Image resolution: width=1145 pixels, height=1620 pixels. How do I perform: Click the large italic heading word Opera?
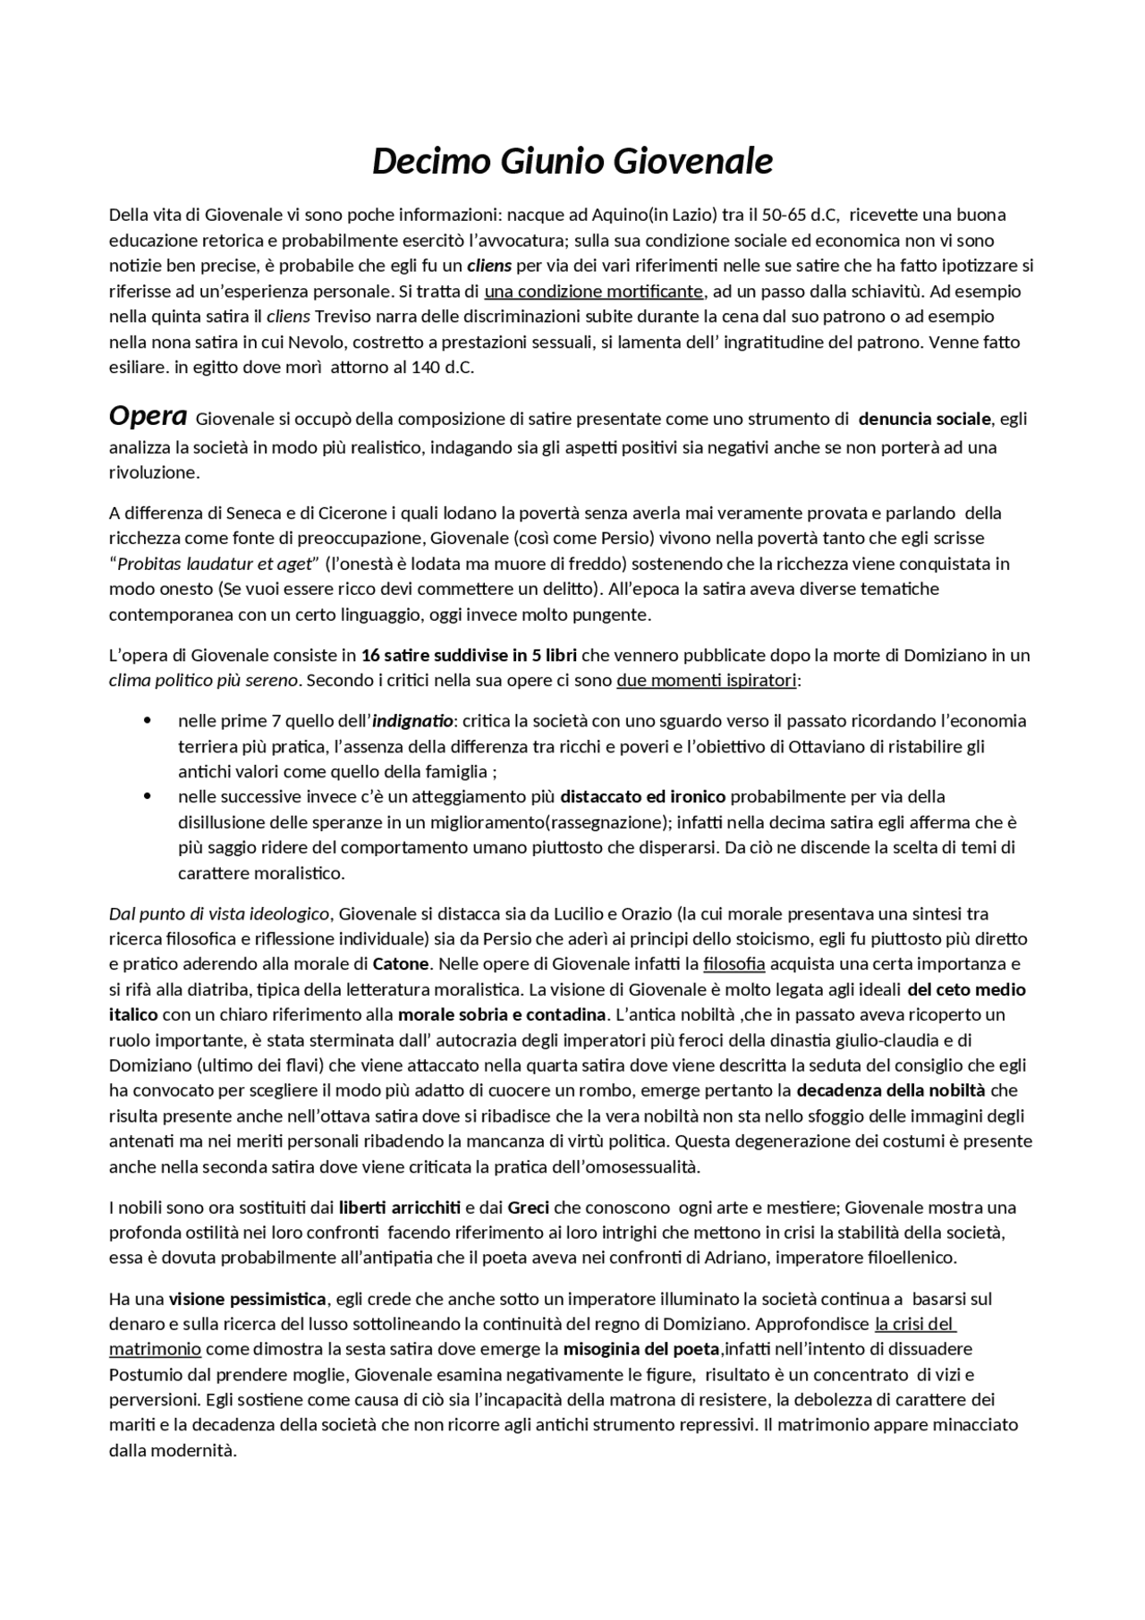[x=148, y=416]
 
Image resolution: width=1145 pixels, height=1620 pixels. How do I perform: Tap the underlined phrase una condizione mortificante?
[x=594, y=292]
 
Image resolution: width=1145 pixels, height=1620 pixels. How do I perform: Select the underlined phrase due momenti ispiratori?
[x=706, y=681]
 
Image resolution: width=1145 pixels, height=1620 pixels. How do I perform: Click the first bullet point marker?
[x=147, y=721]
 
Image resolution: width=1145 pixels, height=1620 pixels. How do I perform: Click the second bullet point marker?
[x=147, y=796]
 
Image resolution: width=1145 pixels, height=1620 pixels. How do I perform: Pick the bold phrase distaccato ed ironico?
[x=642, y=796]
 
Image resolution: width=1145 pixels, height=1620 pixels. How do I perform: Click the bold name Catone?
[x=401, y=964]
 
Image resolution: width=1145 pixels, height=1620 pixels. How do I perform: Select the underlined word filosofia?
[x=734, y=964]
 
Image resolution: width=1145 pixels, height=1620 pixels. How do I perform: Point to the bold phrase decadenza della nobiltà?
[x=890, y=1090]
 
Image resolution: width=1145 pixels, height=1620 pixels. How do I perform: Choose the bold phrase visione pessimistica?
[x=247, y=1298]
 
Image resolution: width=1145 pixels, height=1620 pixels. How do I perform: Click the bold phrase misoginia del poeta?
[x=640, y=1348]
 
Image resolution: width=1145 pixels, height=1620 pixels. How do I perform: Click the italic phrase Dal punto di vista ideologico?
[x=219, y=914]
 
